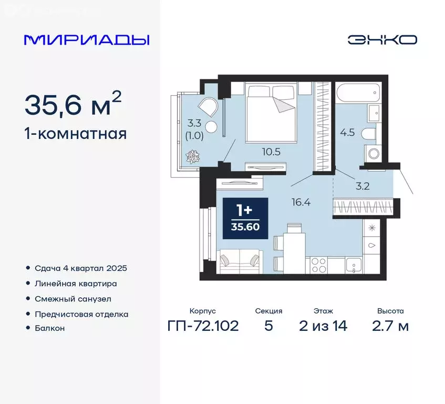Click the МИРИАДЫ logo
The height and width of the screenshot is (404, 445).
point(87,40)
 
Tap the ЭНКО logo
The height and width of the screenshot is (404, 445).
point(382,40)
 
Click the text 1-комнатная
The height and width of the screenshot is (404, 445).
point(76,134)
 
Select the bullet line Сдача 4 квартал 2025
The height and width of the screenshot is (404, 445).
point(81,268)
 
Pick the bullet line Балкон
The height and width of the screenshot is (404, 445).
point(49,328)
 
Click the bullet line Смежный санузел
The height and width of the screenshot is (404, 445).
point(73,298)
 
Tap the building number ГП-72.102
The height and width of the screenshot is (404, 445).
point(202,326)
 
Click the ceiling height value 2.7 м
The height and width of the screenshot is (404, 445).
point(389,326)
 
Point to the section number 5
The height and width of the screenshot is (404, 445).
point(268,326)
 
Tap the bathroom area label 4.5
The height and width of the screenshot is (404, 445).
point(347,132)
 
